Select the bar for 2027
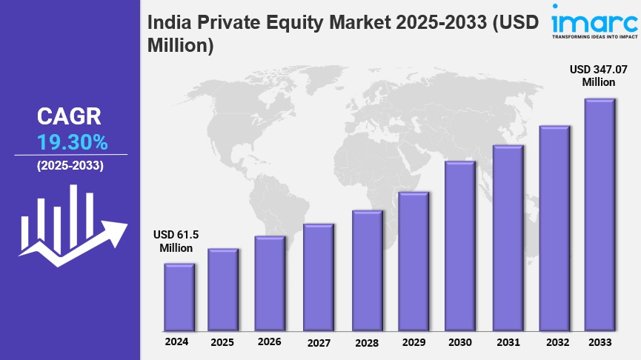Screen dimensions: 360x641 (318, 277)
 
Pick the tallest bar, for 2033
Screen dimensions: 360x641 (600, 214)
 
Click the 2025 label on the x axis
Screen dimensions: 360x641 (223, 343)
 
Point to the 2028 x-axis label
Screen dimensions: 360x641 (367, 343)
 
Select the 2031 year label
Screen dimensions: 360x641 (508, 343)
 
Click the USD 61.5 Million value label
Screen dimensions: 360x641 (176, 241)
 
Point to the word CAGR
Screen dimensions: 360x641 (70, 116)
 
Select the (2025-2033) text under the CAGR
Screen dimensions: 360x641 (70, 165)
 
